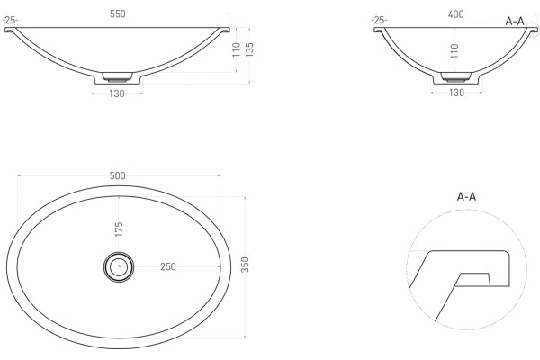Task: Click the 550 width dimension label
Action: coord(117,14)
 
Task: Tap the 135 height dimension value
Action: coord(249,49)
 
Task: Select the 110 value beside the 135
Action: coord(236,49)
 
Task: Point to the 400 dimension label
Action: coord(455,14)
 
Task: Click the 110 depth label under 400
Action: coord(454,51)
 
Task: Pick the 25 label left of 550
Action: coord(11,21)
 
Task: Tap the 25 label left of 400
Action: coord(380,21)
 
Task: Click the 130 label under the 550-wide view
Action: coord(117,94)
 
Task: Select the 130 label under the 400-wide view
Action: coord(456,93)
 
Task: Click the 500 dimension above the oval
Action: coord(117,176)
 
